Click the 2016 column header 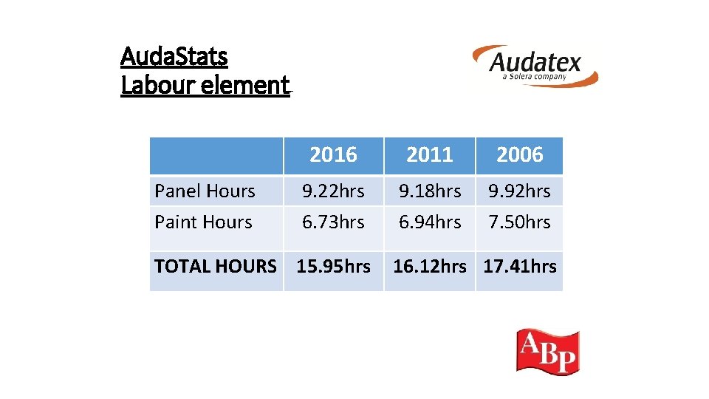click(x=333, y=155)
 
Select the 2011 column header click(x=429, y=155)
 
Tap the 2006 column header click(x=519, y=155)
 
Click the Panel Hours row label click(x=205, y=191)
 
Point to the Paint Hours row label click(x=203, y=222)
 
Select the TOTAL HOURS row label click(x=216, y=267)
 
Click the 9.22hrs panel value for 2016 click(x=333, y=191)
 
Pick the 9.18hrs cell click(x=430, y=191)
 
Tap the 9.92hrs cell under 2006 click(x=519, y=191)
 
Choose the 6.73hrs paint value click(x=333, y=222)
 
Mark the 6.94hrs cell click(x=430, y=222)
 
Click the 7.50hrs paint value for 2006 click(x=519, y=222)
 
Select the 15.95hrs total click(x=333, y=267)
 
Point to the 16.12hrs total click(x=430, y=267)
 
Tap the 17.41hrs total click(x=520, y=267)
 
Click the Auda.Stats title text click(x=174, y=56)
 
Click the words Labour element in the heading click(x=205, y=86)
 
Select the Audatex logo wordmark click(x=535, y=62)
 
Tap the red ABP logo click(x=547, y=352)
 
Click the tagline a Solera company click(x=534, y=77)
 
